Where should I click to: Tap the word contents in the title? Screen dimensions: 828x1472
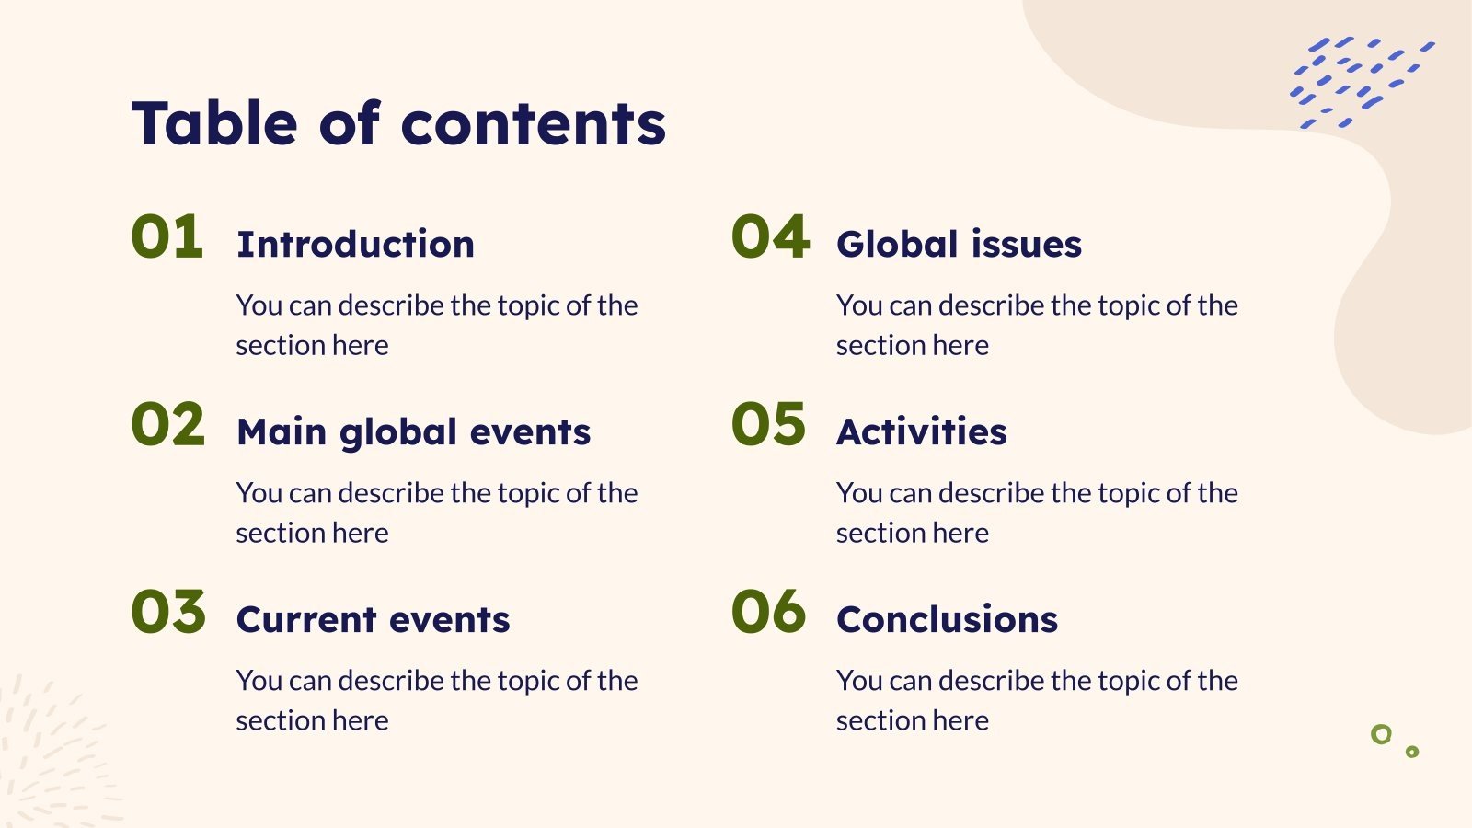tap(534, 125)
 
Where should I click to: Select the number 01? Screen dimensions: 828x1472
tap(167, 236)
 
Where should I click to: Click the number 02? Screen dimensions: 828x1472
tap(168, 425)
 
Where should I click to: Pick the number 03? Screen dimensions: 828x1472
tap(168, 613)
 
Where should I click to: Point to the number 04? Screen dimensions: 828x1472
tap(771, 236)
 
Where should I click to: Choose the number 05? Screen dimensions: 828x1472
tap(769, 425)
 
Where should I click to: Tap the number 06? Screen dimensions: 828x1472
tap(769, 613)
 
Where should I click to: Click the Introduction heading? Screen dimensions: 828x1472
tap(355, 245)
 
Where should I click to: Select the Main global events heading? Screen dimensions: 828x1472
tap(413, 432)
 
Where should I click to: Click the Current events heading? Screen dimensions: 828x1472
tap(373, 620)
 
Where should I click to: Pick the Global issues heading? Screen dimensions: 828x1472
tap(959, 245)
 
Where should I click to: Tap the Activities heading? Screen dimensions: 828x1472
tap(922, 432)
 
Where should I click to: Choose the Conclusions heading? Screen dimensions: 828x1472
tap(948, 620)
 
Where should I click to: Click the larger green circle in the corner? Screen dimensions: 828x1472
tap(1381, 734)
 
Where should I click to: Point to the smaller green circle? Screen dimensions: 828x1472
tap(1412, 752)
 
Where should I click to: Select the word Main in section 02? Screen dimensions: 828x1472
tap(282, 432)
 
